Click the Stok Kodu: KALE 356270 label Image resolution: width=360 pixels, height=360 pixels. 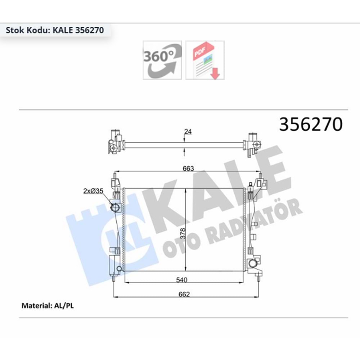coord(55,30)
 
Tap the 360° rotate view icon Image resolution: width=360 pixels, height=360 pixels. coord(162,60)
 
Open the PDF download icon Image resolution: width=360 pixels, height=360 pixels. coord(205,60)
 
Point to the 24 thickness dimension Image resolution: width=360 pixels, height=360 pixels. coord(188,132)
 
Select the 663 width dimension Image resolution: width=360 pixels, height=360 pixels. coord(188,168)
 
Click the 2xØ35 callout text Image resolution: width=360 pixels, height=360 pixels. coord(93,191)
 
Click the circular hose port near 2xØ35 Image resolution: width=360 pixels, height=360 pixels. coord(115,208)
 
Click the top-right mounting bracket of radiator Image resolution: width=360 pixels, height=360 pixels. coord(260,184)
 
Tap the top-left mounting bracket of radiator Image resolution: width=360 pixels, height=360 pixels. coord(115,183)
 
